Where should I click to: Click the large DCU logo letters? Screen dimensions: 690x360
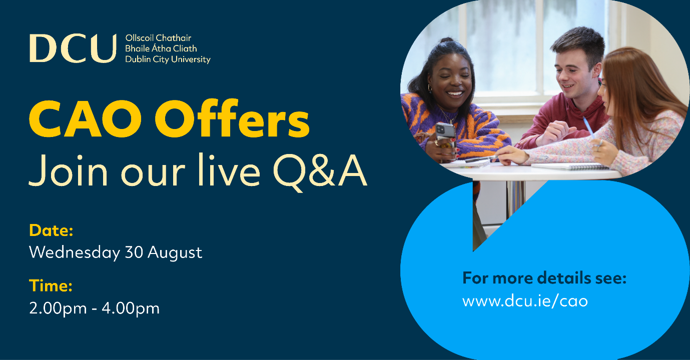[73, 48]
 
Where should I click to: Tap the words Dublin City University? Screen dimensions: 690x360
[168, 59]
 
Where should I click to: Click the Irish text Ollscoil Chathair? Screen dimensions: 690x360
[158, 38]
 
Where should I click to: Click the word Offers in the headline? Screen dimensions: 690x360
[232, 118]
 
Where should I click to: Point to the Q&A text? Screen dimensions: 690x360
[320, 171]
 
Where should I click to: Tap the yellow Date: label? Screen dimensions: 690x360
[51, 230]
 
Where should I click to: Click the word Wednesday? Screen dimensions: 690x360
[74, 252]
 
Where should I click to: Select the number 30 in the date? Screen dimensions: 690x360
[134, 252]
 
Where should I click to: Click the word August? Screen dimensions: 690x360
[175, 253]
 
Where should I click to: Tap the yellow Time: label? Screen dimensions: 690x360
[51, 286]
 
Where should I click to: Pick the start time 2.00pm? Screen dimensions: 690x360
[58, 308]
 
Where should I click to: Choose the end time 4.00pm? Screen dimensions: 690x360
[131, 308]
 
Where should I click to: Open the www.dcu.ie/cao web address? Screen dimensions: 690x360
[525, 300]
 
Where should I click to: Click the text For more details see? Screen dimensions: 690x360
[544, 278]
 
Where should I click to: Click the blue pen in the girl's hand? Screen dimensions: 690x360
[589, 127]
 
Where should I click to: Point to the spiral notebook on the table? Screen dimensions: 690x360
[570, 166]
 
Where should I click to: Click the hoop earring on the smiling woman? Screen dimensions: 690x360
[430, 88]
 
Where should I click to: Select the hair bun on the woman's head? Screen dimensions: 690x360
[447, 40]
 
